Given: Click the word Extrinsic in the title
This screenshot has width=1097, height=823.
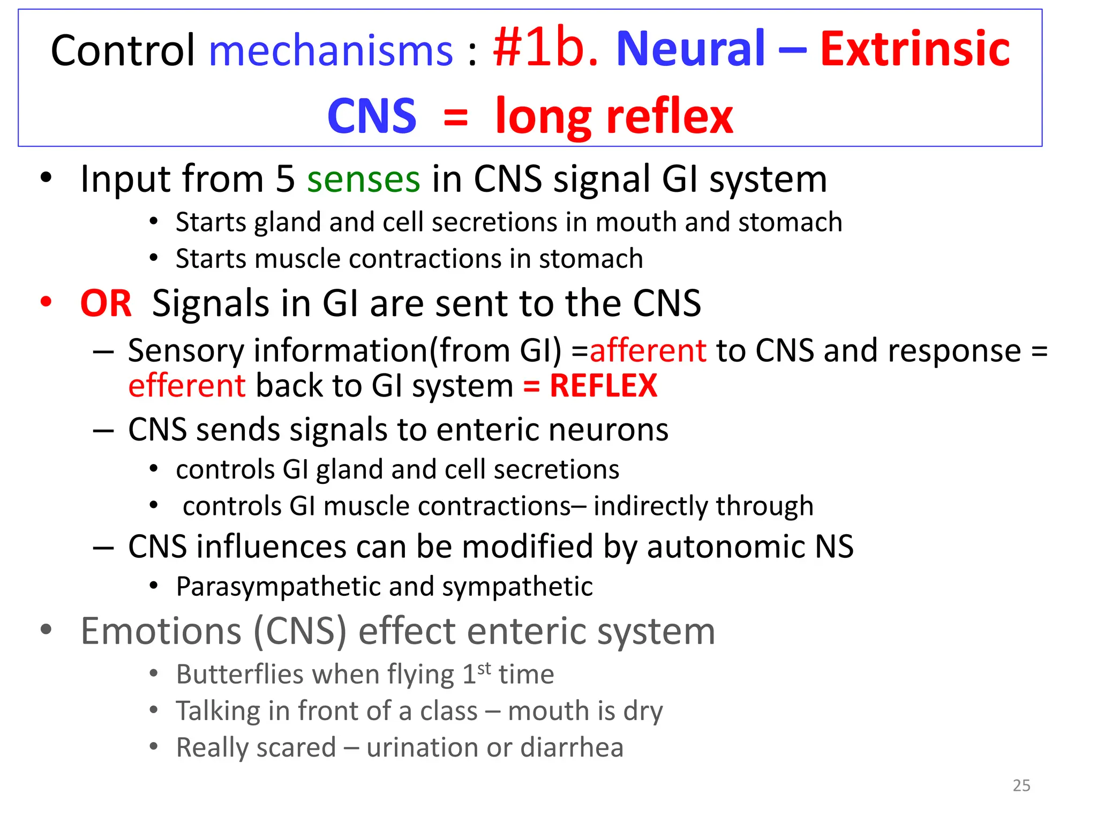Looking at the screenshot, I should click(x=914, y=49).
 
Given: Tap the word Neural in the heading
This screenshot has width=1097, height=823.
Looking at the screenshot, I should click(x=690, y=49).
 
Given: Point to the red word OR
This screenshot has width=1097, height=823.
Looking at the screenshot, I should click(x=106, y=303).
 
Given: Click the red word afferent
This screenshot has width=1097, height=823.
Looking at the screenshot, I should click(x=648, y=351).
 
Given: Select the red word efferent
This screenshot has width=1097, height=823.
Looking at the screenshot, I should click(x=187, y=386).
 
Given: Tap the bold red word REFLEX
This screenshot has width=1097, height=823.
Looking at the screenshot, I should click(x=603, y=386).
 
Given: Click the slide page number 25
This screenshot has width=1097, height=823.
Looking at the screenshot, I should click(x=1021, y=785).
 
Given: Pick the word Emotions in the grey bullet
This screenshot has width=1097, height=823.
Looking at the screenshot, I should click(x=161, y=631).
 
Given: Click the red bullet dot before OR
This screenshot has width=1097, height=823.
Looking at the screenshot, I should click(x=46, y=302).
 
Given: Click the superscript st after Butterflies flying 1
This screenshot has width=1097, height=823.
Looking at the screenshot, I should click(x=484, y=668).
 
